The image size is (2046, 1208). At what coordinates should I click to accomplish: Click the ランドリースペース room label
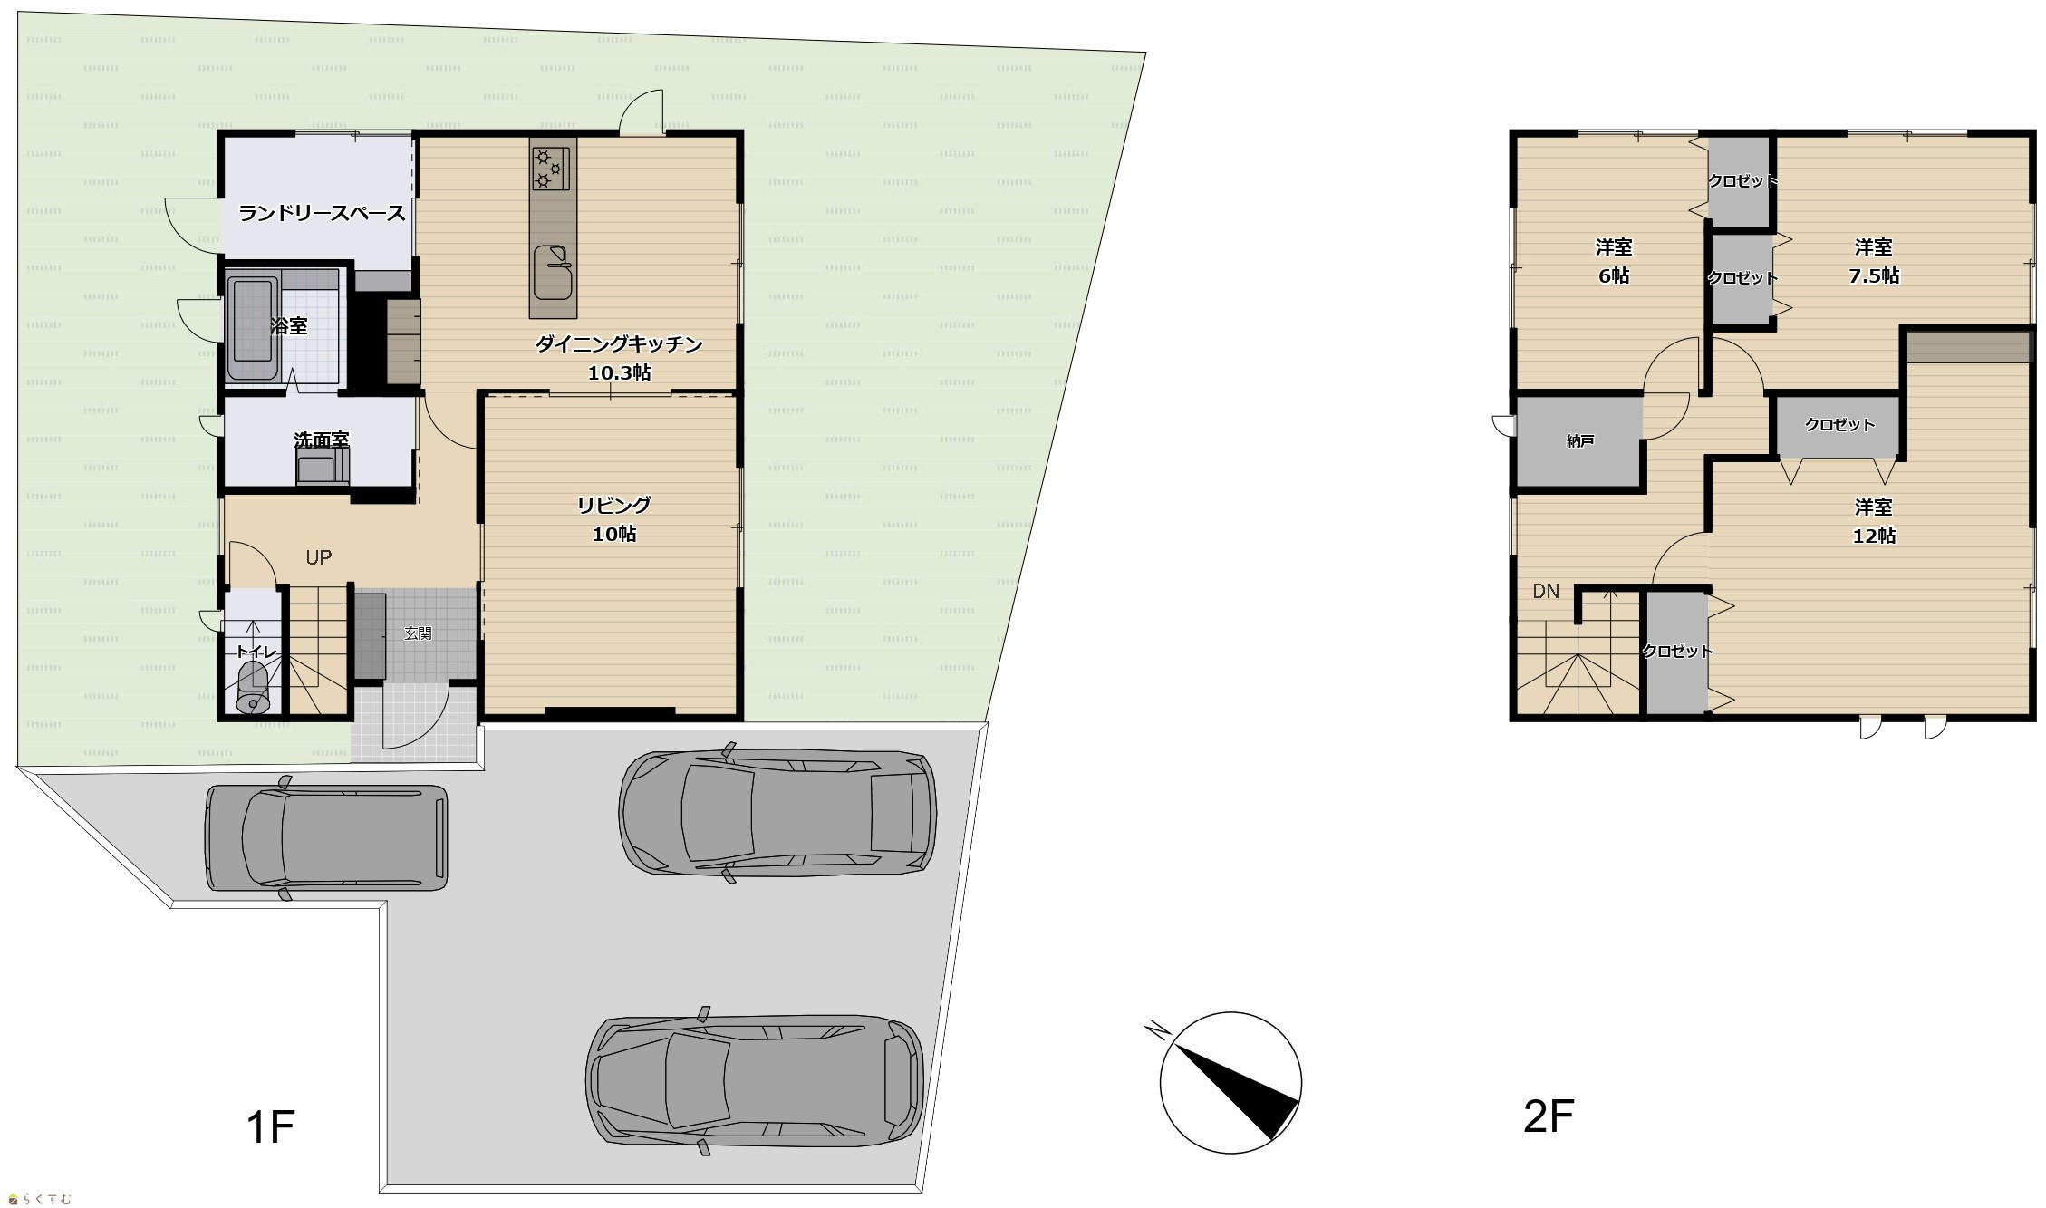322,214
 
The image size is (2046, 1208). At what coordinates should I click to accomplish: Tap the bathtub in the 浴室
252,329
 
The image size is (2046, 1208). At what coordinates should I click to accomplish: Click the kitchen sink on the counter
553,271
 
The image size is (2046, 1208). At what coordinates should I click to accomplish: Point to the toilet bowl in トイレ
252,687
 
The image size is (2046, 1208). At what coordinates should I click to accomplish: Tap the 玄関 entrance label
418,633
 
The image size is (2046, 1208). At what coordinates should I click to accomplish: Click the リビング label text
614,505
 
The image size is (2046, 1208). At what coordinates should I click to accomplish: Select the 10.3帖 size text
619,372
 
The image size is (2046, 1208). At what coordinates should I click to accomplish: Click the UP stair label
318,557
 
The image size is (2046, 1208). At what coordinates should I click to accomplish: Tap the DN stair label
1546,591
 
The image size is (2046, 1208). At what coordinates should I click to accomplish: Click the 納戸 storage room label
1580,441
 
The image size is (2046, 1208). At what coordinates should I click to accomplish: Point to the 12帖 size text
1874,536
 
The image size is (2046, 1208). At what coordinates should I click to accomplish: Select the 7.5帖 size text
1874,275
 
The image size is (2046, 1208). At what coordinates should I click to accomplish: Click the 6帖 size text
1614,275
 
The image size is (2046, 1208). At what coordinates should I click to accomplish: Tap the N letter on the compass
1156,1030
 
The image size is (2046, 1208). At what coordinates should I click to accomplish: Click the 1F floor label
270,1127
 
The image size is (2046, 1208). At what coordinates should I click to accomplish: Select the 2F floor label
1549,1116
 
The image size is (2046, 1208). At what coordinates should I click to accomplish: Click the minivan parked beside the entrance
326,837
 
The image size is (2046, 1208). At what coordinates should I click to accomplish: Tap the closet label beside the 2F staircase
1677,651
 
